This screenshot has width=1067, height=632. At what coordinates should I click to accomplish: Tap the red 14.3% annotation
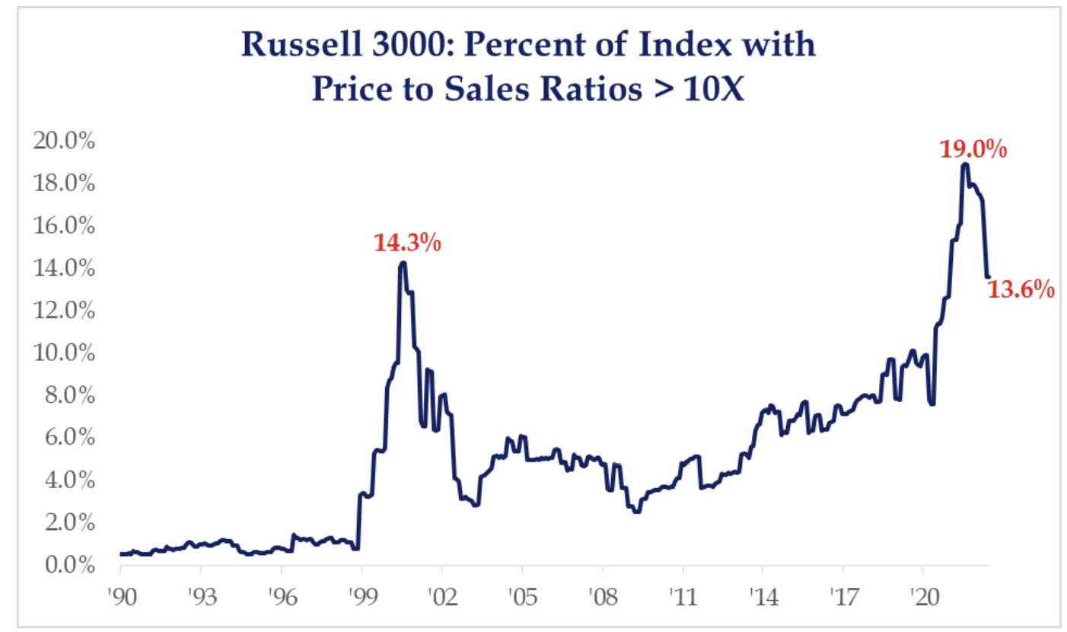(407, 244)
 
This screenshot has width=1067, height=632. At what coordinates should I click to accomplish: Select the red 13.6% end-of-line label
(1021, 289)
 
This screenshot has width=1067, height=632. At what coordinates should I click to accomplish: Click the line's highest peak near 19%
(965, 164)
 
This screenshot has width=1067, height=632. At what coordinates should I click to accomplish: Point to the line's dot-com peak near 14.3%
(403, 263)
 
